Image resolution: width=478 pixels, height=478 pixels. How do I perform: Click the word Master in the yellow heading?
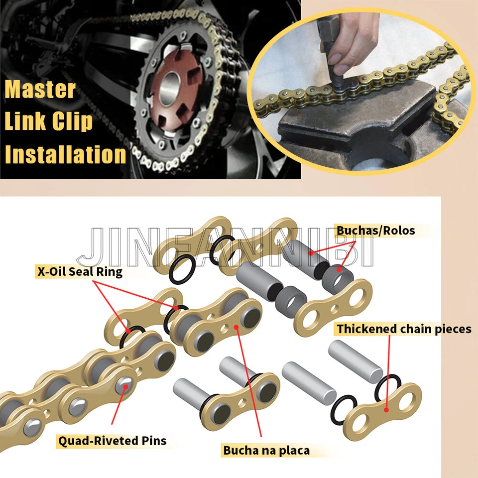40,90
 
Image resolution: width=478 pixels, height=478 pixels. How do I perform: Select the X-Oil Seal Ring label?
80,272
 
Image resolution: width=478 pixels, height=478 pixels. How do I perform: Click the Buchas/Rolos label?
375,231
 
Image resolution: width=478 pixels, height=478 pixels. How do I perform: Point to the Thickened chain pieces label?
404,329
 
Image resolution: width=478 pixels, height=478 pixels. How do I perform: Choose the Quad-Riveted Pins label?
112,440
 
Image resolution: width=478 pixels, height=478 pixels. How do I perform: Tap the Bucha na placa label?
266,451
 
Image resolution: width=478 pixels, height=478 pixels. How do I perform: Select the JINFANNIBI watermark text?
224,249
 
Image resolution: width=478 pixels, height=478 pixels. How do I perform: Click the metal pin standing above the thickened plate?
355,364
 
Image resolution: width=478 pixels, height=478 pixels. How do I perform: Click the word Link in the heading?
28,122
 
